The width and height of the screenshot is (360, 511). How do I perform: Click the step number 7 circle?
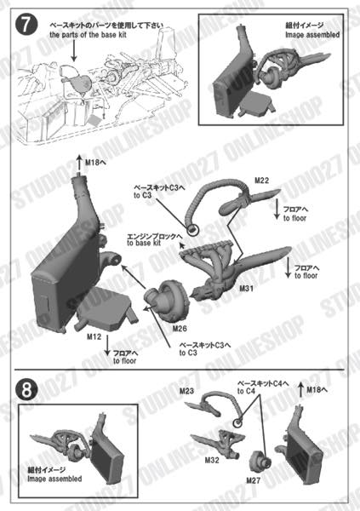click(26, 26)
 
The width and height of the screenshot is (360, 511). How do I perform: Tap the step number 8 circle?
click(26, 389)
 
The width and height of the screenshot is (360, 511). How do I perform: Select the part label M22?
click(261, 181)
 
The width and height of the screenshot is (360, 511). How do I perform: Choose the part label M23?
click(188, 393)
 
